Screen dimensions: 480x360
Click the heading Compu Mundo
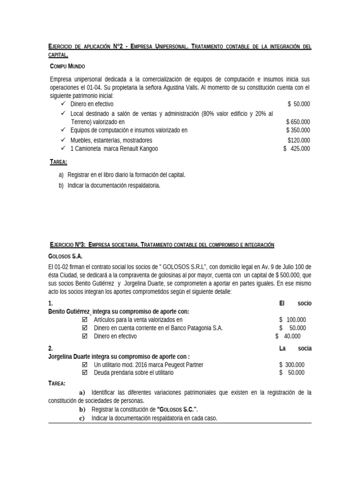coord(67,67)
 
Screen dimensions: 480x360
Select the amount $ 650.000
coord(298,121)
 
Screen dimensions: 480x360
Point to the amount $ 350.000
coord(298,130)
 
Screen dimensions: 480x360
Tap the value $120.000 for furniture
coord(299,140)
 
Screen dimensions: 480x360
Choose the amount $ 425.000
coord(296,149)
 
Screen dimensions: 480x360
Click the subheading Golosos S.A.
coord(65,257)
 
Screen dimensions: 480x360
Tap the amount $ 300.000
coord(292,364)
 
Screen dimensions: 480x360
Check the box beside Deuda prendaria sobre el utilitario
coord(85,373)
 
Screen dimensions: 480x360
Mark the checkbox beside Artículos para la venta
coord(85,319)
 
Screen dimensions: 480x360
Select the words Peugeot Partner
coord(181,364)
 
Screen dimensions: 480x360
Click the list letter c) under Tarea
coord(82,418)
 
